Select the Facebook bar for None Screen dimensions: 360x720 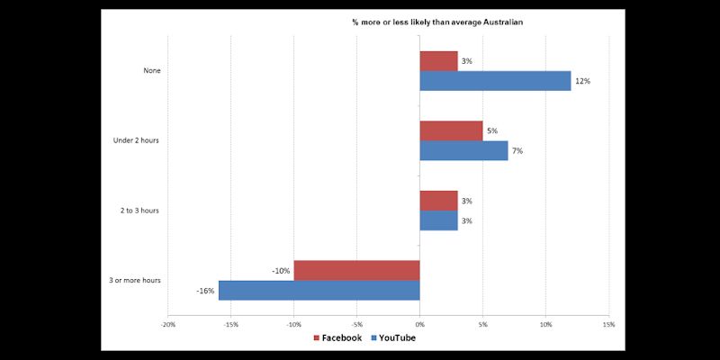[x=438, y=61]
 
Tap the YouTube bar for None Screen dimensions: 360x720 [x=495, y=81]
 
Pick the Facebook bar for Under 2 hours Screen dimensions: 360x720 [x=451, y=130]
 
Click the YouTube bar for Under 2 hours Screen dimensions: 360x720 [x=463, y=150]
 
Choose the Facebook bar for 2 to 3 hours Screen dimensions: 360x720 [x=438, y=201]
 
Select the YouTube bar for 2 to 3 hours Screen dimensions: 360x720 [x=438, y=220]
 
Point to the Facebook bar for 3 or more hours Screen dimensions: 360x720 [x=356, y=270]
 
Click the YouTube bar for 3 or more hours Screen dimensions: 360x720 [x=319, y=290]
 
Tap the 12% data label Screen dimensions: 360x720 [x=582, y=81]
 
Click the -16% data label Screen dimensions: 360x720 [x=205, y=290]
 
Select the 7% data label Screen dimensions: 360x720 [x=517, y=150]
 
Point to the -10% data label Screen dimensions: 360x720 [x=281, y=270]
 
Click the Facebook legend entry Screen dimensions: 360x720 [x=337, y=338]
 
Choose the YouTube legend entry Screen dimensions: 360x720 [x=391, y=338]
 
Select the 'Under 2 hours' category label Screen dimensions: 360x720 [x=137, y=140]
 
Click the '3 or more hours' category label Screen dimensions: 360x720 [x=134, y=280]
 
